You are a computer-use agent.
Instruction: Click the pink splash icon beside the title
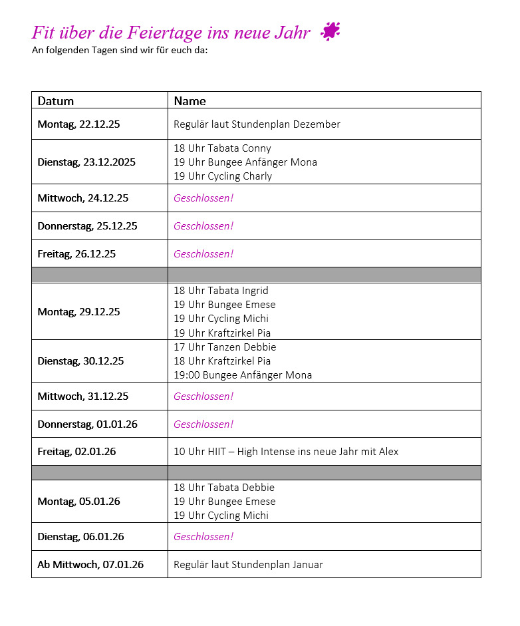[x=330, y=31]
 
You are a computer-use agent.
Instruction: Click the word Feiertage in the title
[x=172, y=32]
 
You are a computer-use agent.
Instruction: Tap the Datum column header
[x=56, y=101]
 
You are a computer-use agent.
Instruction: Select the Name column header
[x=190, y=101]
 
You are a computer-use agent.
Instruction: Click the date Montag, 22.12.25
[x=78, y=124]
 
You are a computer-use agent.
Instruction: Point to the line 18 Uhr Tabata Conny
[x=222, y=148]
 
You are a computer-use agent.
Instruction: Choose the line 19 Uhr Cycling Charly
[x=223, y=176]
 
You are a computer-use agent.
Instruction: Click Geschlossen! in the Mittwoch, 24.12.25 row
[x=203, y=198]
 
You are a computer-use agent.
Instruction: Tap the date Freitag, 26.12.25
[x=76, y=253]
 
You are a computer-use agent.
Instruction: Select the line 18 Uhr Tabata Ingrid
[x=221, y=291]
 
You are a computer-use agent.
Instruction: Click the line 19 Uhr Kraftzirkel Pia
[x=222, y=333]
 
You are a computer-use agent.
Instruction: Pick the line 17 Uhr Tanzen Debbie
[x=225, y=347]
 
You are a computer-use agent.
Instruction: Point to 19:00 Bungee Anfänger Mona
[x=243, y=375]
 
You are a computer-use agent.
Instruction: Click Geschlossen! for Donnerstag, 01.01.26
[x=203, y=424]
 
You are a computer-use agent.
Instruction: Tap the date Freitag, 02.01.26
[x=76, y=452]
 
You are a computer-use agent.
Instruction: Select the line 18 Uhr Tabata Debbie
[x=224, y=488]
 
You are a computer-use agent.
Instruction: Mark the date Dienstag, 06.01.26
[x=80, y=537]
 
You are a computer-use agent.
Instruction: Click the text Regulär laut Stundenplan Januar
[x=248, y=565]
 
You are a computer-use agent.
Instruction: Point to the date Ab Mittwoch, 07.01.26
[x=90, y=565]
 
